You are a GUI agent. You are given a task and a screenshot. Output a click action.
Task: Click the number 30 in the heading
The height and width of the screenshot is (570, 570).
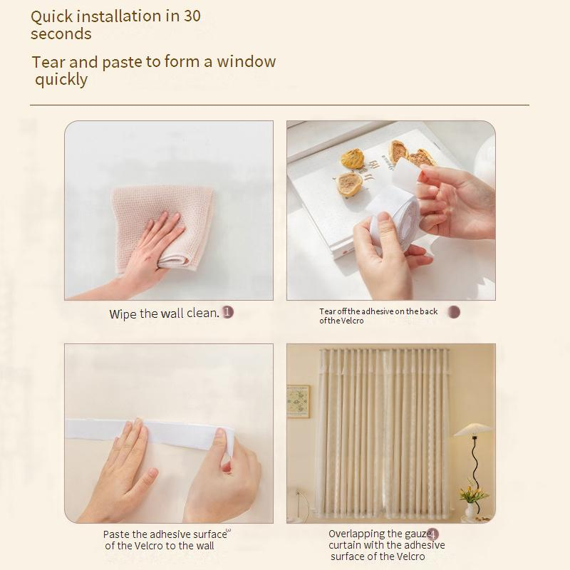192,16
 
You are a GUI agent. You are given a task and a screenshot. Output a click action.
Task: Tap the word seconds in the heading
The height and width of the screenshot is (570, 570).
61,33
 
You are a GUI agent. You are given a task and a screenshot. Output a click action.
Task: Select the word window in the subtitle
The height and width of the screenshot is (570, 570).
246,61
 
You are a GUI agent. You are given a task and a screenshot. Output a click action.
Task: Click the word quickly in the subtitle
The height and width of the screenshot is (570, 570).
61,80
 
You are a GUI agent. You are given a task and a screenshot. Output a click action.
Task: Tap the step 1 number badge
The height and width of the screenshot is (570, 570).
228,312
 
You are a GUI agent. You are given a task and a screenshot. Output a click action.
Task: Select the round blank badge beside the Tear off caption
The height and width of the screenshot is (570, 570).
454,312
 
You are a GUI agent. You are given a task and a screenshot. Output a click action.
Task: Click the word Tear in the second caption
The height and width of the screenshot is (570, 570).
328,311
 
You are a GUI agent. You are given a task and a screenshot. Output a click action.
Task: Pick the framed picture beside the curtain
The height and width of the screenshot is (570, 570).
298,402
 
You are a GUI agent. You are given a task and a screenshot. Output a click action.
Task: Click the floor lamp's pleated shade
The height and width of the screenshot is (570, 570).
472,430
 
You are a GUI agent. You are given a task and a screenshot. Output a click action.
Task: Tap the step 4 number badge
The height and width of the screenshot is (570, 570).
432,534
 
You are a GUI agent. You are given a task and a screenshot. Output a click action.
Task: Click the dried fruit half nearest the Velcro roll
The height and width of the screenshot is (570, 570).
348,184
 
